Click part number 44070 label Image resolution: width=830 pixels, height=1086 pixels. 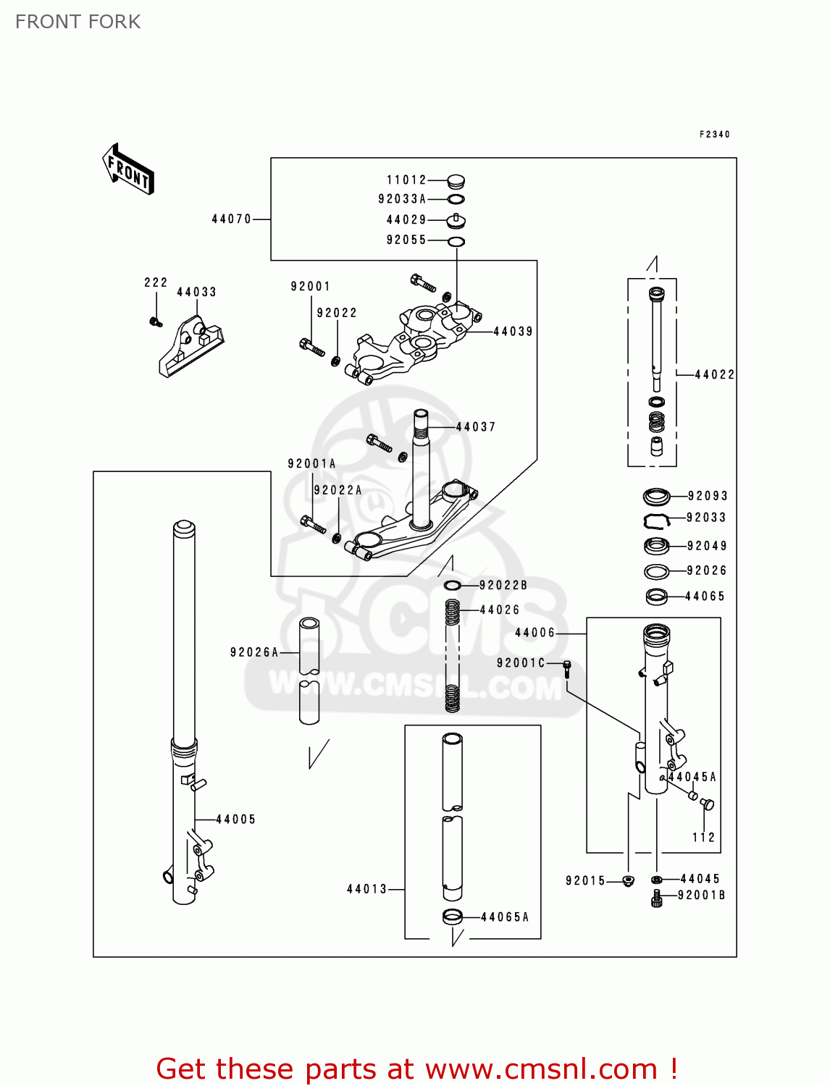tap(231, 219)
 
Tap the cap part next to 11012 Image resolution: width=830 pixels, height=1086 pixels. tap(456, 181)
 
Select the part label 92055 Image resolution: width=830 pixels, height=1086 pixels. tap(406, 240)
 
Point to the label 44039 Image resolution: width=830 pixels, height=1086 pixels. tap(513, 332)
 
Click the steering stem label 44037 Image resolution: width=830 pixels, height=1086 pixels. tap(476, 427)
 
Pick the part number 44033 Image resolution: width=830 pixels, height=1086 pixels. tap(196, 292)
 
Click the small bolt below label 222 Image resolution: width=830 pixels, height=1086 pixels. tap(155, 321)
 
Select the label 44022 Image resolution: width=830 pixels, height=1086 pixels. tap(714, 374)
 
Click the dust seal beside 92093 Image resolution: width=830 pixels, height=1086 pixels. tap(656, 497)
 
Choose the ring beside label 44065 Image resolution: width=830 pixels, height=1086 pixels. tap(656, 597)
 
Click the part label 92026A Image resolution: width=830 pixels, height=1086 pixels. tap(254, 652)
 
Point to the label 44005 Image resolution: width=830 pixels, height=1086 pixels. tap(235, 820)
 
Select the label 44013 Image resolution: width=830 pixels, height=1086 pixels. tap(366, 889)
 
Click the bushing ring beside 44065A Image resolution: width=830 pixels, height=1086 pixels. tap(453, 917)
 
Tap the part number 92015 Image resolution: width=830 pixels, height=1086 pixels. tap(585, 880)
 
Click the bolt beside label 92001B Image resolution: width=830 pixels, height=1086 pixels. tap(657, 899)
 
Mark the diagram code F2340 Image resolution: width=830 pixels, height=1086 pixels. tap(714, 134)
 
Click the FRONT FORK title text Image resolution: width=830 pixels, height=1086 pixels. tap(78, 22)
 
